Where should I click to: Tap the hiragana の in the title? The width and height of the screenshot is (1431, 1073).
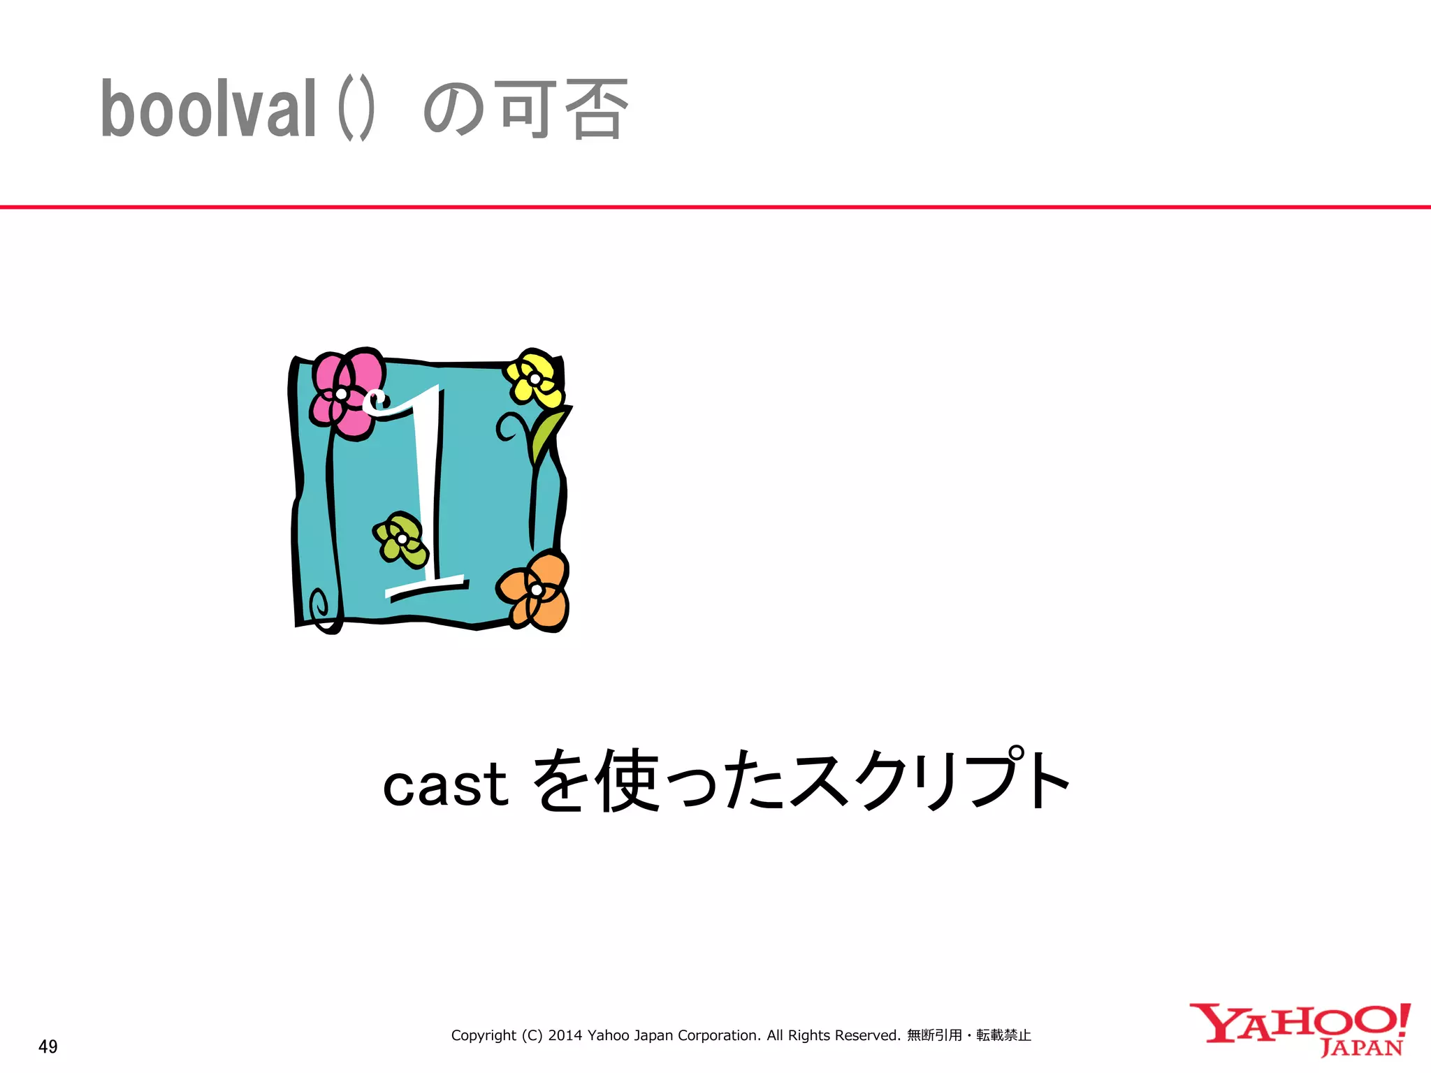[x=453, y=110]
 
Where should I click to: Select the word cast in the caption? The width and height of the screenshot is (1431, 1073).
[x=445, y=784]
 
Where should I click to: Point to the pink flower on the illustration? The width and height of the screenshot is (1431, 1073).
[x=347, y=393]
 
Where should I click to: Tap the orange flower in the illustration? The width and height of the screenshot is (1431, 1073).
[x=535, y=590]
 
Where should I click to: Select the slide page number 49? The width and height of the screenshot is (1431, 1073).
[x=48, y=1046]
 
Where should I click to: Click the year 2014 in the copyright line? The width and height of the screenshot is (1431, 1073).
[x=565, y=1035]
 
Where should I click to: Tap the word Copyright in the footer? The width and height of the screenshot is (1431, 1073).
[x=484, y=1035]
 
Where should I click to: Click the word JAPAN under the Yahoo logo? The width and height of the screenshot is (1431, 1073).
[x=1362, y=1048]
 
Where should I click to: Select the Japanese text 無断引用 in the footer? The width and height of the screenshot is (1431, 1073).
[x=934, y=1035]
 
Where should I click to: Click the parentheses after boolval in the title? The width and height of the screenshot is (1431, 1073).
[x=356, y=110]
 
